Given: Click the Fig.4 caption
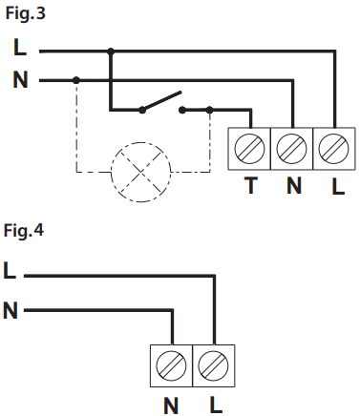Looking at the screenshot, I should [24, 231].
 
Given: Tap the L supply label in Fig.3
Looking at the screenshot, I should [19, 49].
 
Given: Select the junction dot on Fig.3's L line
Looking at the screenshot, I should [112, 51].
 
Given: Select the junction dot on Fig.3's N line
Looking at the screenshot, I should [76, 81].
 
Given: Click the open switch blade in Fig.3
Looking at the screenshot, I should [162, 101].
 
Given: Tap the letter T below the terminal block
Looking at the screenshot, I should [250, 187].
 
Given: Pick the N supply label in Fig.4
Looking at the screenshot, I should [11, 310].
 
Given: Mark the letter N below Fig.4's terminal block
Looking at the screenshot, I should [172, 403].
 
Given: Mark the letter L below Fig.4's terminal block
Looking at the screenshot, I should [214, 403].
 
